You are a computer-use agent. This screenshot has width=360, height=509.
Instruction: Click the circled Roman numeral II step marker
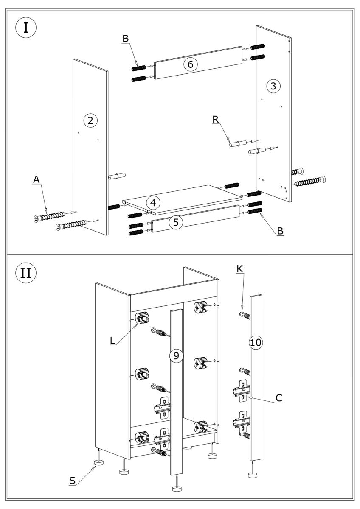click(26, 272)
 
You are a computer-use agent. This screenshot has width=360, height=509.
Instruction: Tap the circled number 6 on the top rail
click(190, 64)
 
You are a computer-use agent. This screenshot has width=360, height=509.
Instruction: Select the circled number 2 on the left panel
click(90, 120)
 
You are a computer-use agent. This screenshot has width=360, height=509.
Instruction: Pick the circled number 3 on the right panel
click(273, 86)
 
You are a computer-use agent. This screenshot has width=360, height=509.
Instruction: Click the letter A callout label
click(37, 180)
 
